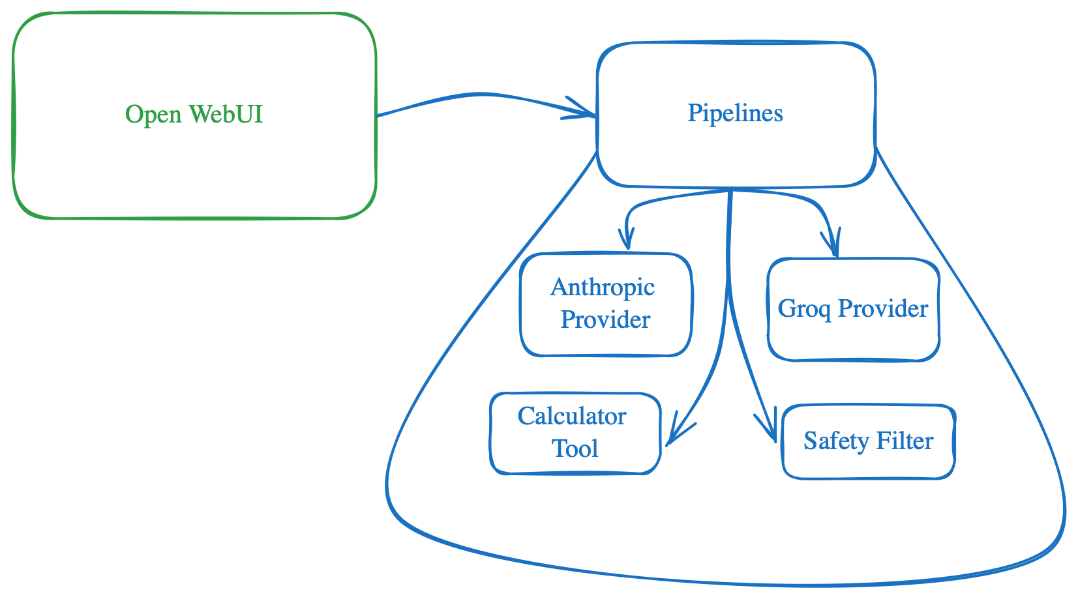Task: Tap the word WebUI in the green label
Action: (x=226, y=114)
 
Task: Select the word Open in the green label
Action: (x=153, y=115)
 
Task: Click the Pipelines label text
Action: (x=735, y=113)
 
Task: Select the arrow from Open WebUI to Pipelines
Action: (x=483, y=95)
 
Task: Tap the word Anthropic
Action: (x=603, y=287)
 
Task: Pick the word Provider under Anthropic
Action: (x=605, y=319)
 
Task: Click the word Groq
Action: (x=804, y=308)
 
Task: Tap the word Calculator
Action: (x=572, y=416)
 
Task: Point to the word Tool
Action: (x=575, y=448)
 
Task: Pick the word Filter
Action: (x=904, y=441)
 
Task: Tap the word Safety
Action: (x=835, y=441)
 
